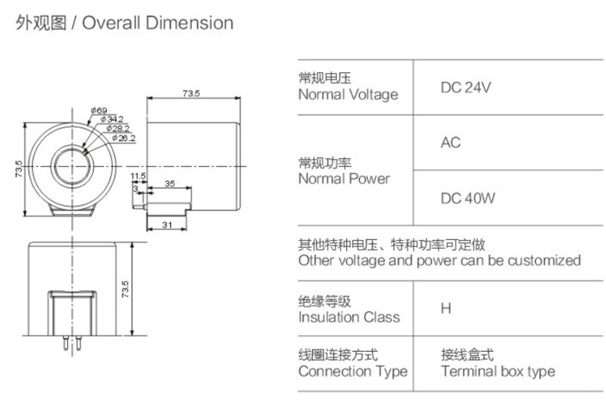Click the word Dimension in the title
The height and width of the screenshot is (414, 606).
pos(190,23)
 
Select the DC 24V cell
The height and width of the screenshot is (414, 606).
pos(465,87)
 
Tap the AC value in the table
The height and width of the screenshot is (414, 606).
pos(450,143)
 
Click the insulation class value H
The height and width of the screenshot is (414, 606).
pos(446,309)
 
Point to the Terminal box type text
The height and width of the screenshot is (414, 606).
pos(498,371)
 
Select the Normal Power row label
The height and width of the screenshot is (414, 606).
pos(343,178)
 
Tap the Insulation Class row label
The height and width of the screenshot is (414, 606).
pos(348,316)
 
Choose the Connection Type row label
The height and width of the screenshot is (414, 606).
pos(353,371)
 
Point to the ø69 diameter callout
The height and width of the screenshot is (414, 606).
pos(99,111)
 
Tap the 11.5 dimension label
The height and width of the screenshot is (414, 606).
pos(138,176)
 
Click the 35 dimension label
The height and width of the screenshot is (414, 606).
pos(170,184)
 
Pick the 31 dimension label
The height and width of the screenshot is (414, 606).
pos(167,225)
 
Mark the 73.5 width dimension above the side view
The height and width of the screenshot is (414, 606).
pos(190,93)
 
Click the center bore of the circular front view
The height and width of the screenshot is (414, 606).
pos(71,164)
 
